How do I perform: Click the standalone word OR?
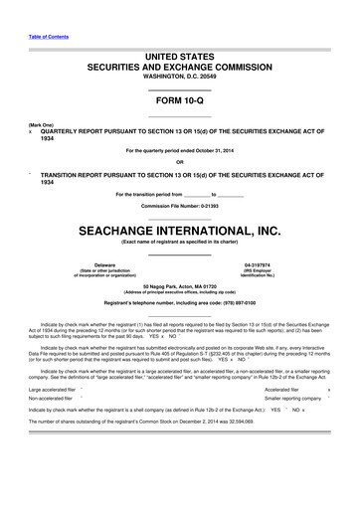180,162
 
